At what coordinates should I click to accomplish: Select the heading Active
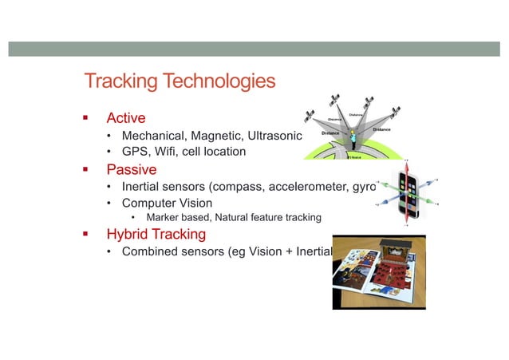tap(126, 119)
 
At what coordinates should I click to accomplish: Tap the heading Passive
tap(132, 169)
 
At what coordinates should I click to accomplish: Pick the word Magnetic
tap(220, 136)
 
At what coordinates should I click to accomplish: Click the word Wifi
tap(170, 152)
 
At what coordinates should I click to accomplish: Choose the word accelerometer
tap(306, 187)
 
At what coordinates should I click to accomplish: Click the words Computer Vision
tap(167, 203)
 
